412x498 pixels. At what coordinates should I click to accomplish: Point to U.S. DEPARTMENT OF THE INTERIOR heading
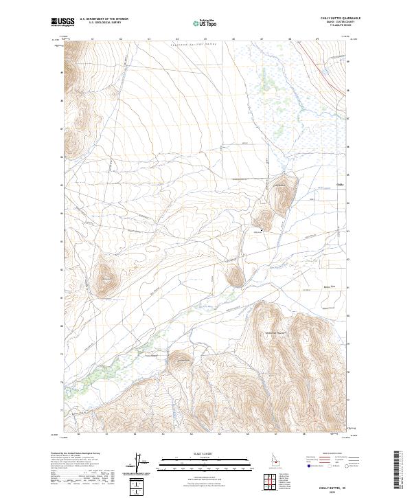coord(104,19)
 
